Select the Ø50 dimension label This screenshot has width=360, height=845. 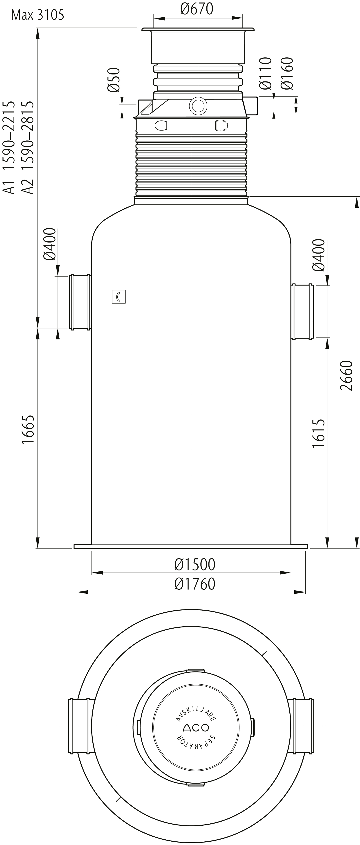[x=114, y=80]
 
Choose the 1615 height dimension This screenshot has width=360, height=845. [x=318, y=433]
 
